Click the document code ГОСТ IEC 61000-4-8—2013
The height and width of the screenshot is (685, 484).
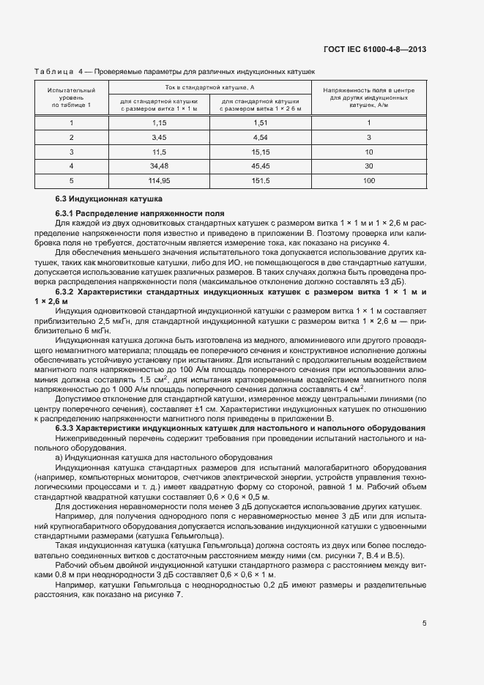[x=374, y=50]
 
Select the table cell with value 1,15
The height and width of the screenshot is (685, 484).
[x=160, y=123]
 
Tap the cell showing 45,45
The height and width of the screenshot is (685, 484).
[x=261, y=166]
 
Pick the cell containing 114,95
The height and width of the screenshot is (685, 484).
[x=160, y=180]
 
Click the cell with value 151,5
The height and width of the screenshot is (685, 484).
[x=261, y=180]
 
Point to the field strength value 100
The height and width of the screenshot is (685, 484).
[x=368, y=180]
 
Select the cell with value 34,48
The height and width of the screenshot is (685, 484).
[x=160, y=166]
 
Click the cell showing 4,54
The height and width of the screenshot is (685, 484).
[x=261, y=137]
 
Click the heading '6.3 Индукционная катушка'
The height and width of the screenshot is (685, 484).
[x=108, y=199]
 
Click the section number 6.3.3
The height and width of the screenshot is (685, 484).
[x=66, y=427]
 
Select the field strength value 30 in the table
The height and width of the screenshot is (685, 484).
[x=368, y=166]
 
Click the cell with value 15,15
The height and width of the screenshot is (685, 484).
[x=261, y=152]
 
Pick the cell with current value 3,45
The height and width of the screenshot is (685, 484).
[x=160, y=137]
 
